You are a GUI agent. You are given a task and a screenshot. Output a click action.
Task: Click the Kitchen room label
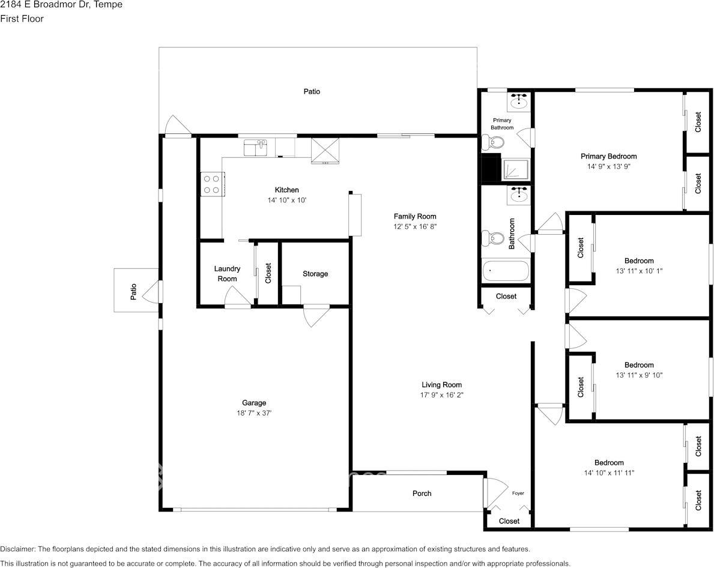pyautogui.click(x=287, y=190)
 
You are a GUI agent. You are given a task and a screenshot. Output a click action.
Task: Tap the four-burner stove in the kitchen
pyautogui.click(x=211, y=184)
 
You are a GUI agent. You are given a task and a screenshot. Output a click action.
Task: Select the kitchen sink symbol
pyautogui.click(x=257, y=147)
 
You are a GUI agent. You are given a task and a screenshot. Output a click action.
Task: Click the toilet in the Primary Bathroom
pyautogui.click(x=495, y=143)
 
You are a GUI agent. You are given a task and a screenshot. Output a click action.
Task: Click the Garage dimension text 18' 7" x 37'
pyautogui.click(x=254, y=413)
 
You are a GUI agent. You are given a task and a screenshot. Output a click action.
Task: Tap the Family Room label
pyautogui.click(x=415, y=216)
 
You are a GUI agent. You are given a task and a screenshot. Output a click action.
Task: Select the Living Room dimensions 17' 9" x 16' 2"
pyautogui.click(x=441, y=395)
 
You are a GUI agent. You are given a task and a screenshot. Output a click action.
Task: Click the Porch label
pyautogui.click(x=422, y=494)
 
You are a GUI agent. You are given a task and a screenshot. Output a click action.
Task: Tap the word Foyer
pyautogui.click(x=518, y=494)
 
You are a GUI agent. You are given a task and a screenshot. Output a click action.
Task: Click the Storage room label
pyautogui.click(x=315, y=274)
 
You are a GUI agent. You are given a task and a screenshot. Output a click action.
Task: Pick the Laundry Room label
pyautogui.click(x=227, y=274)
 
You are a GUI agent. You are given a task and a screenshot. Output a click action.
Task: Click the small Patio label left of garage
pyautogui.click(x=133, y=292)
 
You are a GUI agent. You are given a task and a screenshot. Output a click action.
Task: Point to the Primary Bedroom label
pyautogui.click(x=608, y=156)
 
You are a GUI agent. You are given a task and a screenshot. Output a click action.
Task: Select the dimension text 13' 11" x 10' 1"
pyautogui.click(x=639, y=271)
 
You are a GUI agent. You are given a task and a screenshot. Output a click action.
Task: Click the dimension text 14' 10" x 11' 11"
pyautogui.click(x=609, y=473)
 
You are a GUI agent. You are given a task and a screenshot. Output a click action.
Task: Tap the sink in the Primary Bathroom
pyautogui.click(x=518, y=102)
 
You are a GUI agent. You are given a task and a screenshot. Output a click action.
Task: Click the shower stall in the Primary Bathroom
pyautogui.click(x=516, y=170)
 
